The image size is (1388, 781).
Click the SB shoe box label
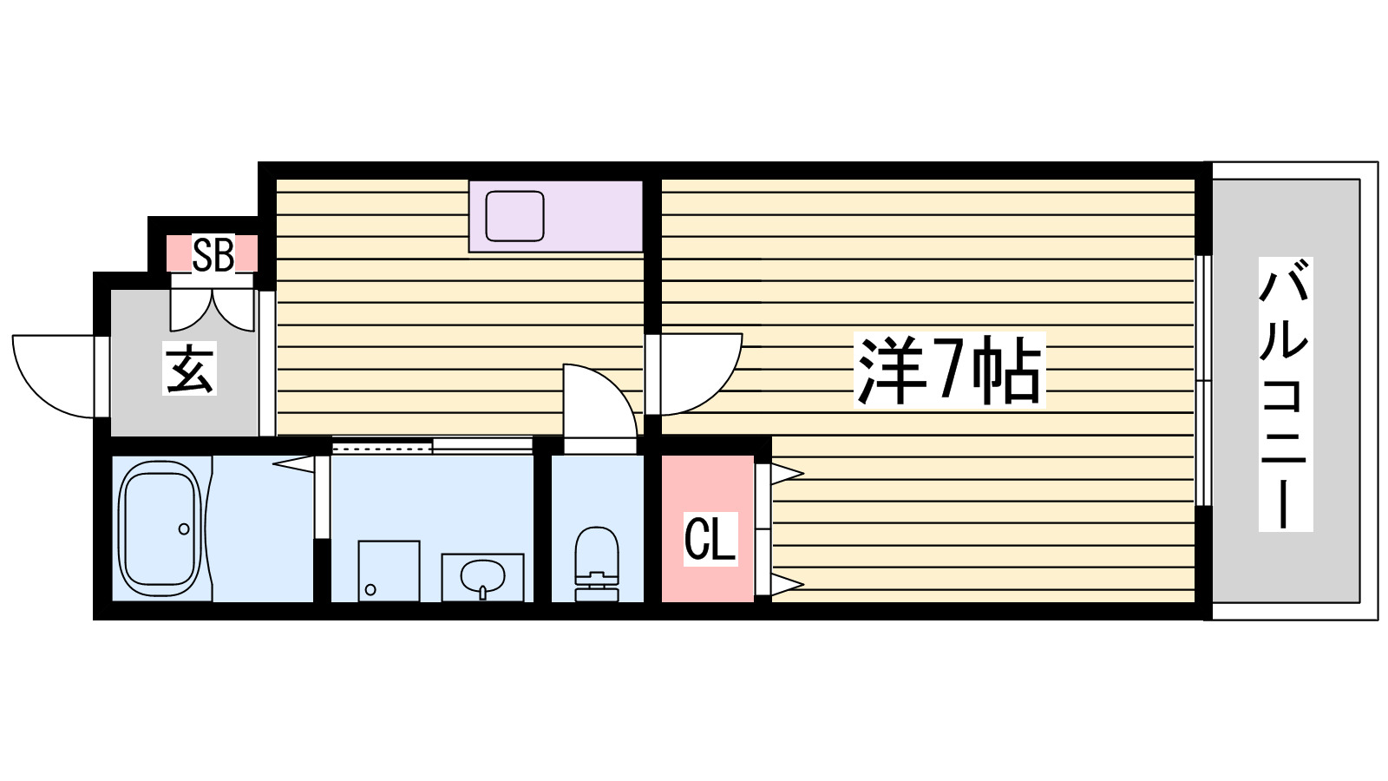213,255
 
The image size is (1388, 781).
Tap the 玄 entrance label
190,369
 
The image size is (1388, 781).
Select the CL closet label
710,539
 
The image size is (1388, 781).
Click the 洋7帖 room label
949,371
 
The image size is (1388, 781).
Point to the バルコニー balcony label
1285,395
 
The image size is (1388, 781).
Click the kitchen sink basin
514,216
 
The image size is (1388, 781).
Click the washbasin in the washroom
482,576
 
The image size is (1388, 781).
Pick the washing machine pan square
389,570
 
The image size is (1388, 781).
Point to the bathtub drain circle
184,528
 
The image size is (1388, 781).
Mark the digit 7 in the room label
947,371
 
